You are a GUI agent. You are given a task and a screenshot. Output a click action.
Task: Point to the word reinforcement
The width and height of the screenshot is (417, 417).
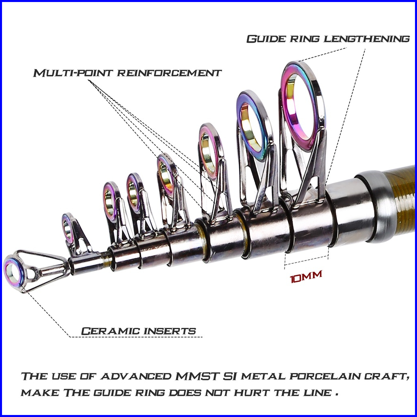[x=169, y=73]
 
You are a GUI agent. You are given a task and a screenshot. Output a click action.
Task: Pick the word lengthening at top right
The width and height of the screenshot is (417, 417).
[x=367, y=39]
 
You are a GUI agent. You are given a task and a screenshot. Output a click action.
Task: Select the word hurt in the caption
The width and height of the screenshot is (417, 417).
[x=252, y=392]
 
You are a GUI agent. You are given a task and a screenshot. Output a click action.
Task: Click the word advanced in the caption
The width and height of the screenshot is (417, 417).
[x=136, y=376]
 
